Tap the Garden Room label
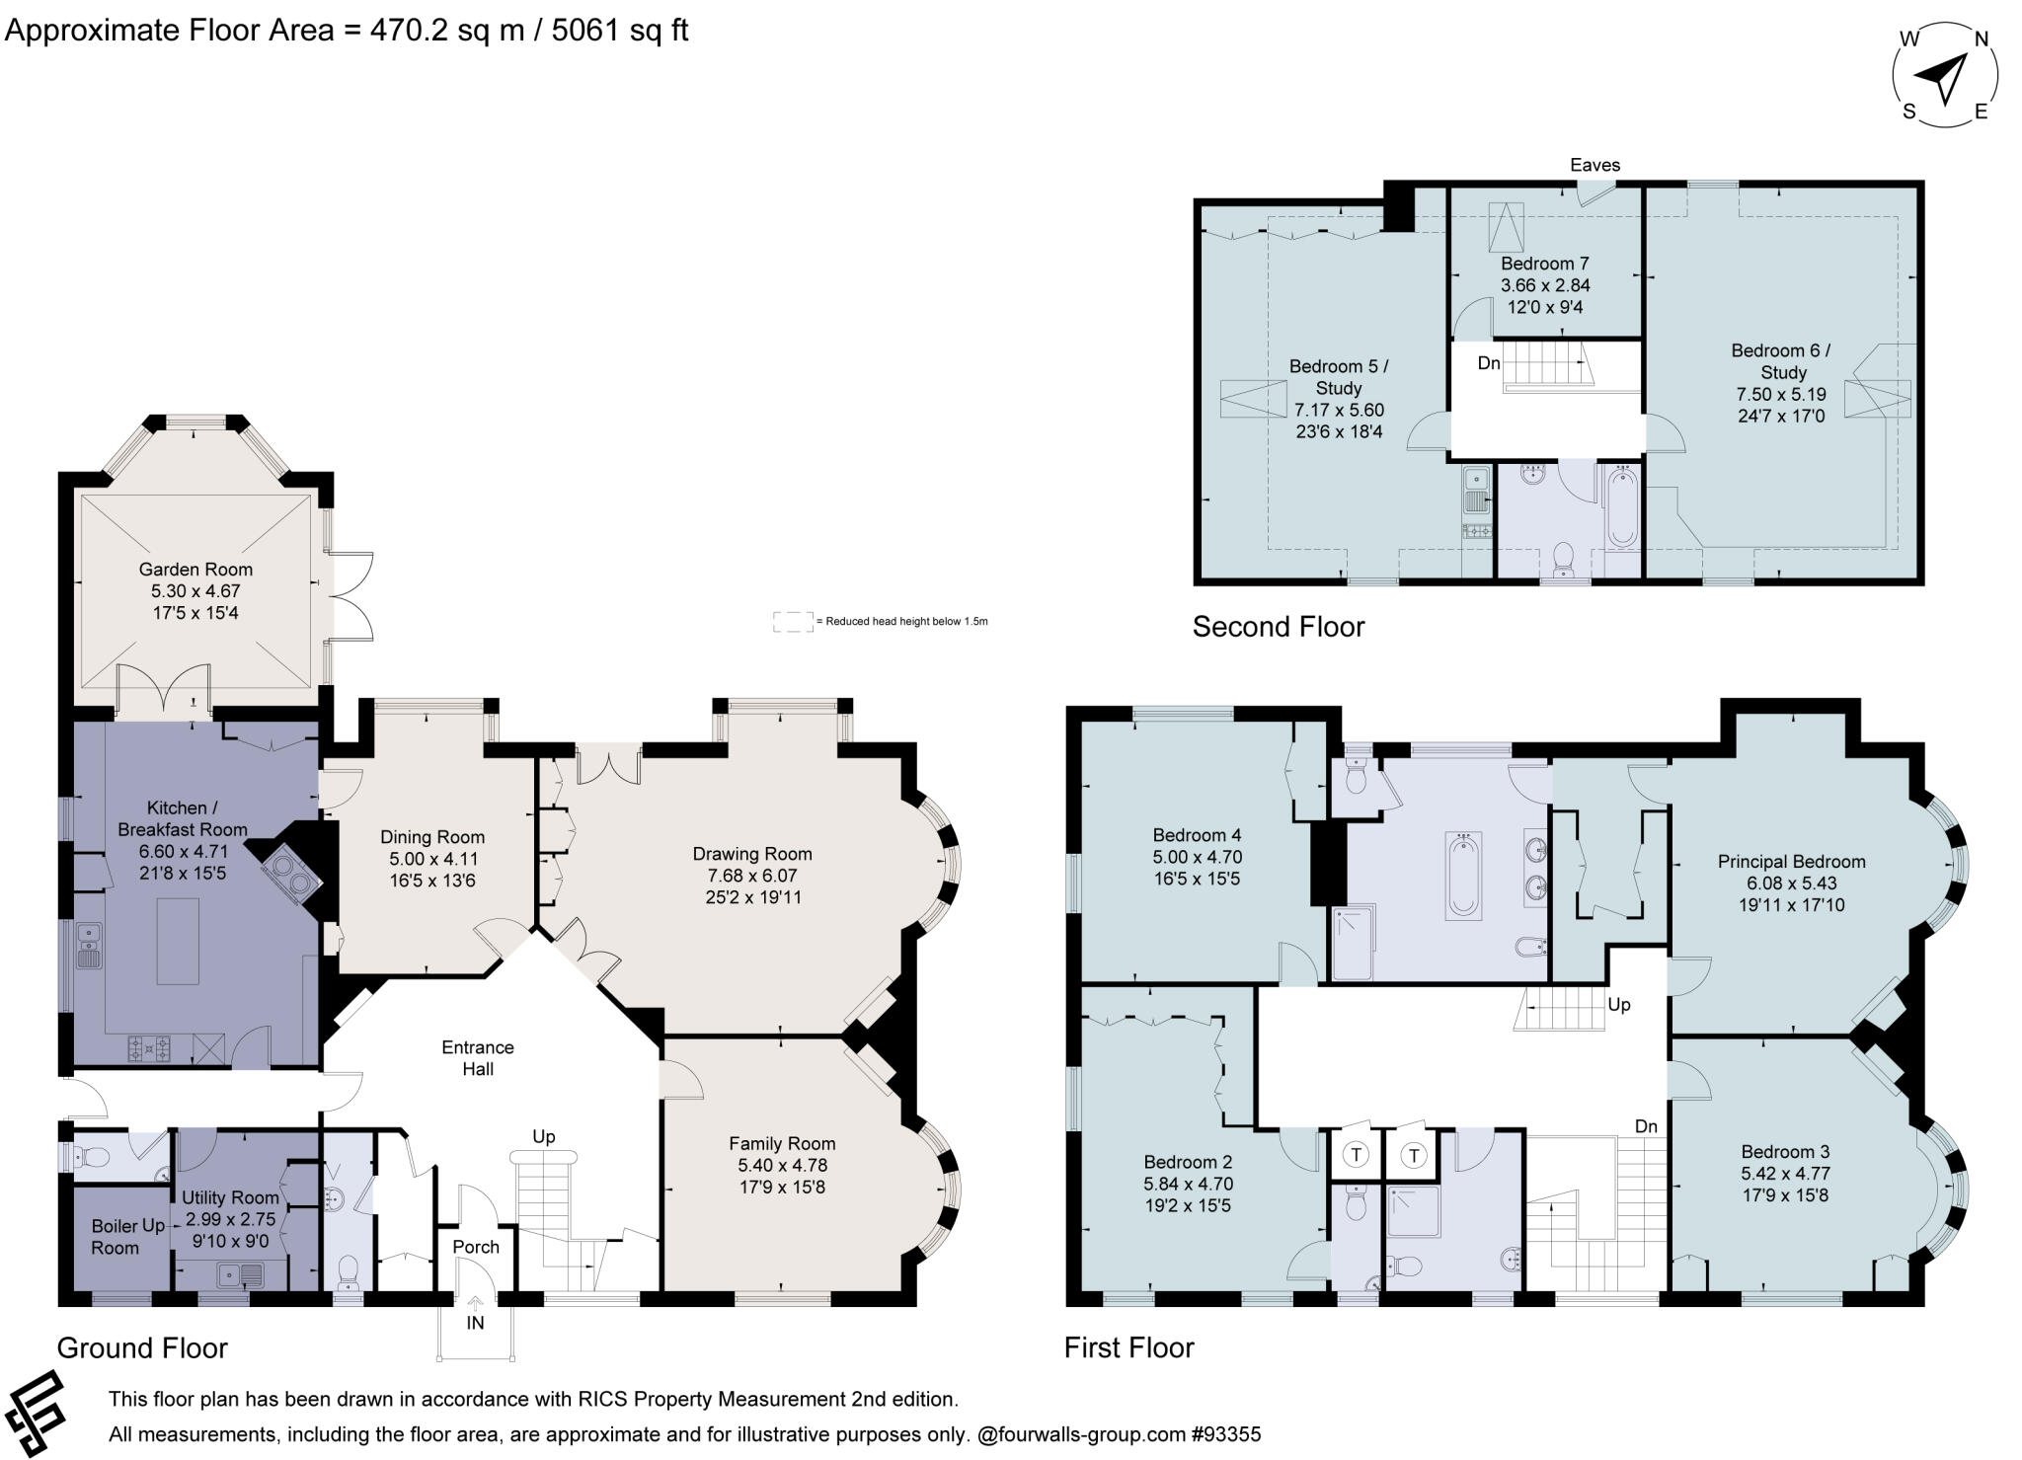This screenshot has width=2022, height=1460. pos(195,570)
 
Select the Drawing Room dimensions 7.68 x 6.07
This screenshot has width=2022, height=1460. pos(751,876)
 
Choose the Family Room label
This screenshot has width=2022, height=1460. pos(782,1143)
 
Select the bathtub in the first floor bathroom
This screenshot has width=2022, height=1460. pos(1463,876)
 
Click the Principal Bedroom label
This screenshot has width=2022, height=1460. pos(1791,862)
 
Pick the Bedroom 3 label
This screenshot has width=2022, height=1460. pos(1785,1151)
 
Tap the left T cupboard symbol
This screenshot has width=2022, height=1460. pos(1357,1154)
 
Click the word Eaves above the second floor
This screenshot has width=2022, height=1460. pos(1594,165)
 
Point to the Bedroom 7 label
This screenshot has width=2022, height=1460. pos(1544,264)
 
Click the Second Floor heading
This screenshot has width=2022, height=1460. pos(1278,627)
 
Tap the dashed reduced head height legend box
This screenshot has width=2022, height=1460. pos(793,622)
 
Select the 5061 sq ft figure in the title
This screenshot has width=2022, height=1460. pos(619,31)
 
